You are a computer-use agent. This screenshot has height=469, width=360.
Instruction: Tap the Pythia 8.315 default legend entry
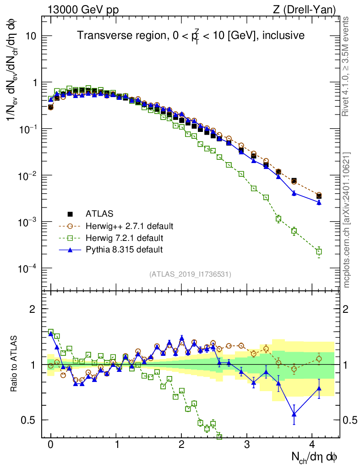[x=124, y=250]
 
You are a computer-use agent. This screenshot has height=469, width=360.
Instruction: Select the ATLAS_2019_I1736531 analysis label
[x=190, y=274]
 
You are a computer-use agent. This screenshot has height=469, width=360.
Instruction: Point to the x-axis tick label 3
[x=247, y=444]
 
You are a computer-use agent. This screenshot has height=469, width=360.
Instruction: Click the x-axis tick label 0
[x=51, y=444]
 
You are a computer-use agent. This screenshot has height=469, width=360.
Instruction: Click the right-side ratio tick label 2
[x=352, y=309]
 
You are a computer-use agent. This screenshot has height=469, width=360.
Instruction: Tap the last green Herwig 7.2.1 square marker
[x=319, y=251]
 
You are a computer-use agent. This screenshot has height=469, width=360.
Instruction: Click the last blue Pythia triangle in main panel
[x=319, y=202]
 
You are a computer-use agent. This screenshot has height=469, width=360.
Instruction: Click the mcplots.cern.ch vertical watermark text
[x=347, y=220]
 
